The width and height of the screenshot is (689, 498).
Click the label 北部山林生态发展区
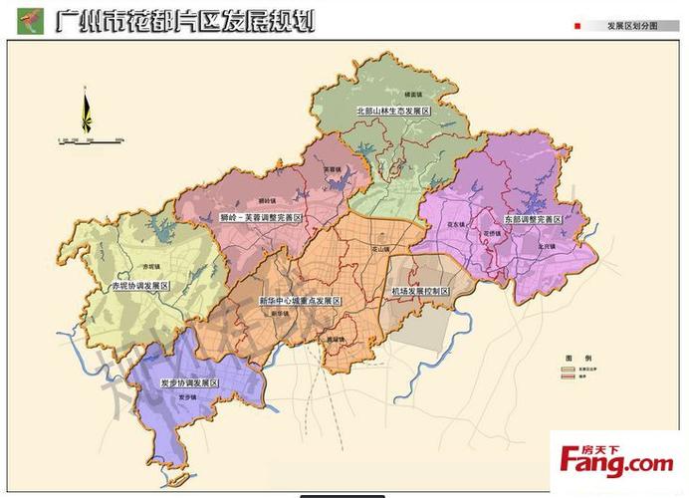[x=392, y=113]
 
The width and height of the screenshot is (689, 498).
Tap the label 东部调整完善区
[x=529, y=219]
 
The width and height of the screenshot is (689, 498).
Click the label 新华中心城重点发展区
[x=299, y=300]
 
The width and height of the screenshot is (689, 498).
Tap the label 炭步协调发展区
[x=189, y=382]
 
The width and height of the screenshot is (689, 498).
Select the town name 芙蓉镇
[x=332, y=169]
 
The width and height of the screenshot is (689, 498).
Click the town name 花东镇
[x=457, y=226]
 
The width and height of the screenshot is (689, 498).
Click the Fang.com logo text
[x=616, y=463]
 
